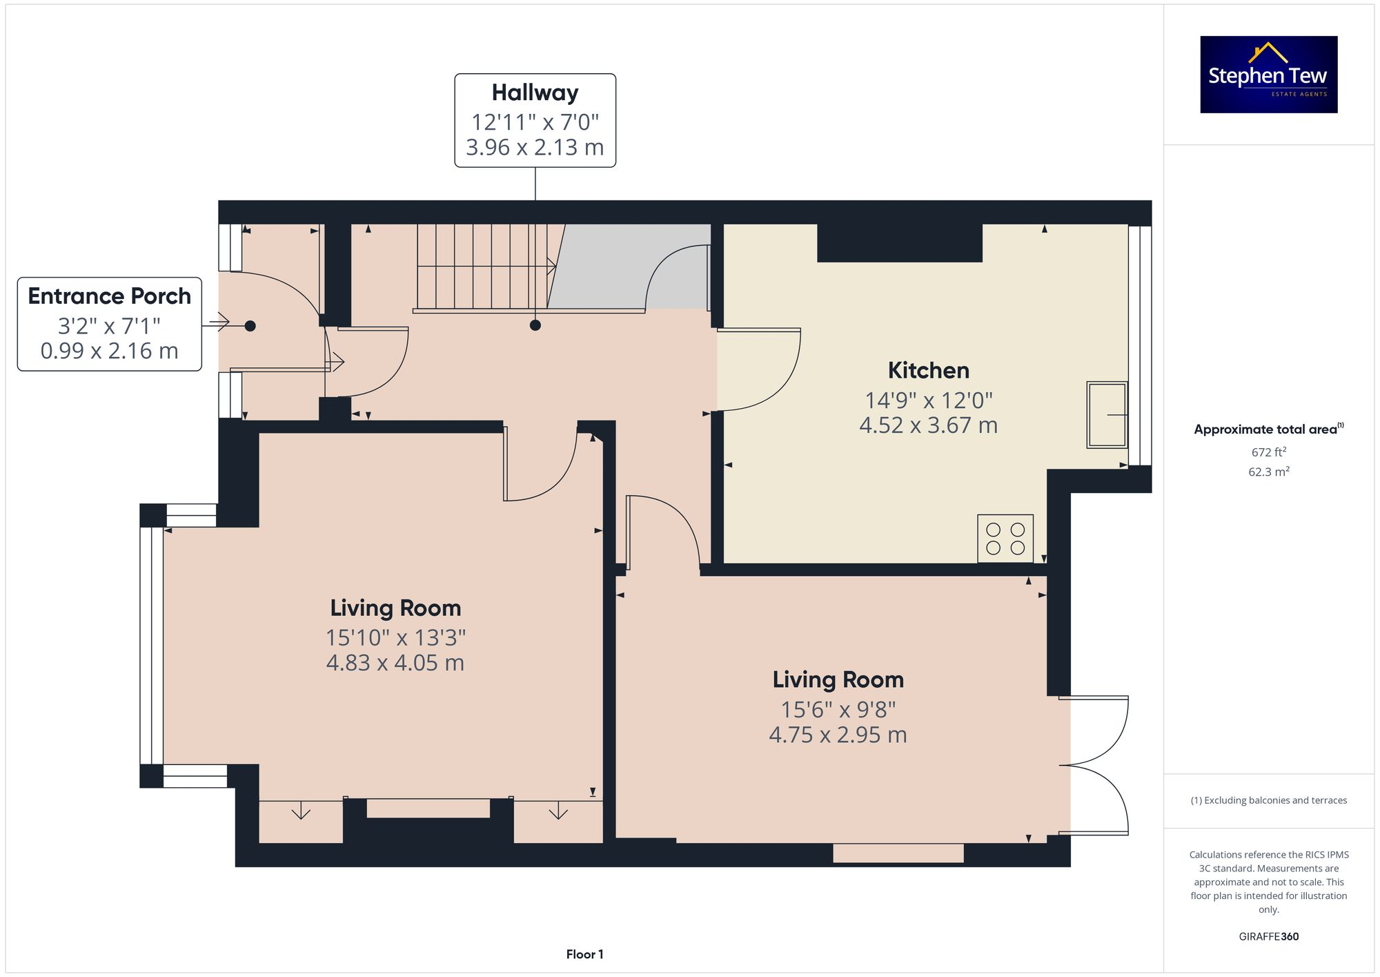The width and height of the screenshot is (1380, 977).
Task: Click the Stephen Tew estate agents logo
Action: pos(1268,75)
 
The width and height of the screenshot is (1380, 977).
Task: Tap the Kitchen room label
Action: pos(928,371)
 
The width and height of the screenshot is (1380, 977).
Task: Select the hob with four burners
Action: pos(1005,539)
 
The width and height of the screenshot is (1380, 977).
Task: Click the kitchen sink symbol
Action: pos(1106,414)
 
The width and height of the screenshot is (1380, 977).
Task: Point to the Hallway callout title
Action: pos(535,93)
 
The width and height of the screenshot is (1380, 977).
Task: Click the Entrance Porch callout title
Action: pos(109,296)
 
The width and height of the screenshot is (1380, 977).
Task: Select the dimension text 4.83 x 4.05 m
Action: pos(395,663)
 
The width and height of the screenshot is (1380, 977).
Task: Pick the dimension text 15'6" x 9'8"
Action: pos(838,709)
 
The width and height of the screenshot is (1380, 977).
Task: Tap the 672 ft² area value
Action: pos(1268,452)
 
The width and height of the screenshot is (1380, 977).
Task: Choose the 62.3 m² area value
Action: pos(1268,472)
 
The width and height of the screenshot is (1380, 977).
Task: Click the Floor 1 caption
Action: pos(584,954)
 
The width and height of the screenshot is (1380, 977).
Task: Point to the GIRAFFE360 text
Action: pos(1268,937)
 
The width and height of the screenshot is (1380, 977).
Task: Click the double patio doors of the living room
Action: pos(1097,765)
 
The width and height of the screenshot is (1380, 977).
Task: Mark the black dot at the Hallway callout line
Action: pos(535,325)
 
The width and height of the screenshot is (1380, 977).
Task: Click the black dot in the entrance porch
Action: pos(250,326)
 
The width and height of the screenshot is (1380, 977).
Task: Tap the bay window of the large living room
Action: pos(151,645)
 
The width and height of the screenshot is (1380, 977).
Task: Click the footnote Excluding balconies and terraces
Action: pos(1268,800)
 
